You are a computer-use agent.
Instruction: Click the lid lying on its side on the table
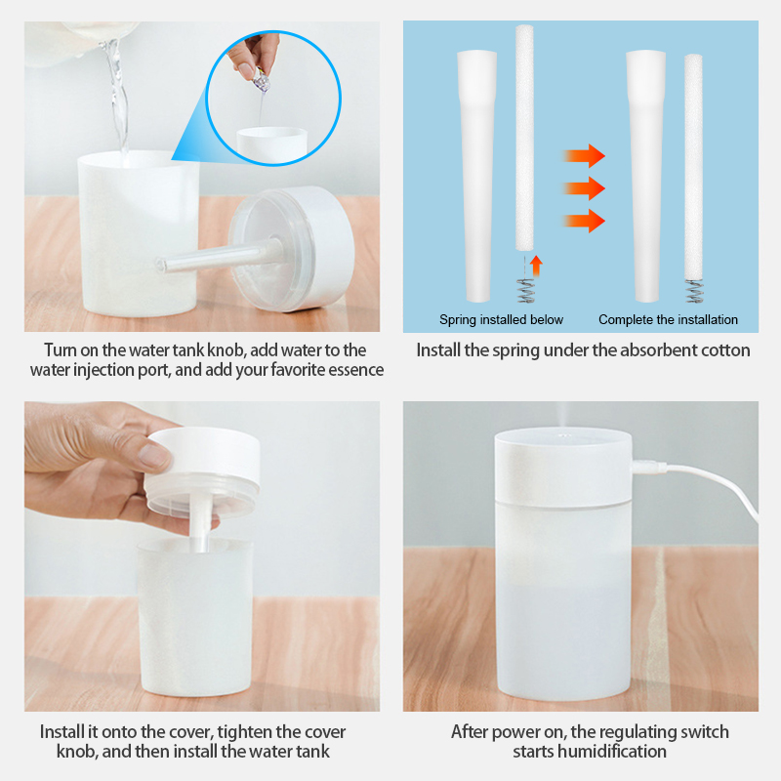pos(293,249)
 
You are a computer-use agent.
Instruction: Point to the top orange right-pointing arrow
pos(585,155)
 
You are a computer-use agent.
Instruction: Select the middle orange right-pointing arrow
pos(585,187)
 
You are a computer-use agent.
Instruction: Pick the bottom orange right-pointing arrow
pos(585,221)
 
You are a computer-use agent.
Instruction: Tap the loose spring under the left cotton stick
pos(525,290)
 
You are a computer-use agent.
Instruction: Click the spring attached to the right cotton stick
pos(694,291)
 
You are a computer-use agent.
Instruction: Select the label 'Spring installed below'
pos(501,319)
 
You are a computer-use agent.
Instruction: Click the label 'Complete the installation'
pos(668,319)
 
